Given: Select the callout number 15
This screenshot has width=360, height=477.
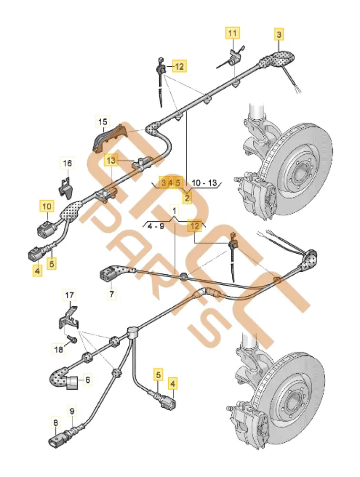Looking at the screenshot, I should (x=103, y=123).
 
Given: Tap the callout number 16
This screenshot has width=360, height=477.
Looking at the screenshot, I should (x=68, y=163).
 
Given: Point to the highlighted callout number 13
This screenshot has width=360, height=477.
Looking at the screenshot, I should (x=111, y=161).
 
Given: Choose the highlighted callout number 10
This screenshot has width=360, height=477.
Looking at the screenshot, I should (x=46, y=207).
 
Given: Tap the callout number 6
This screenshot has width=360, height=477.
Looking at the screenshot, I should (x=88, y=380).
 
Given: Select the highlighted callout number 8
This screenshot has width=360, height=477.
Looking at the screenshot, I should (x=55, y=422).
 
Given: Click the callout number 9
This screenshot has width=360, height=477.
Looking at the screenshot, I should (x=72, y=410).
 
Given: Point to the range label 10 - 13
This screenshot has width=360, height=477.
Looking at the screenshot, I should (x=204, y=183).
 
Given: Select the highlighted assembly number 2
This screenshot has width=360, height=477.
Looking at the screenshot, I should (x=187, y=197).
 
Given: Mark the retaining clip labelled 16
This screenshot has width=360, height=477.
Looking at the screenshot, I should (x=66, y=187).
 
